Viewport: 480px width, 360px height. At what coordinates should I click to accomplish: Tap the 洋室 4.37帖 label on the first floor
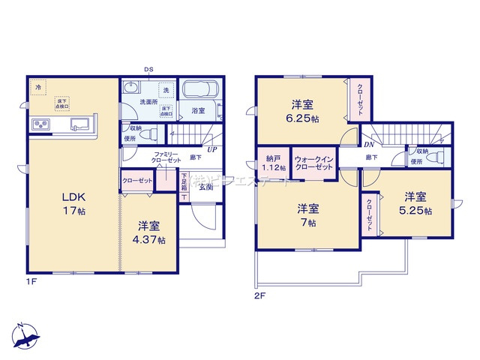tap(151, 232)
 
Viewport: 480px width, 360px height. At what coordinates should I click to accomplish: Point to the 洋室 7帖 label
tap(305, 214)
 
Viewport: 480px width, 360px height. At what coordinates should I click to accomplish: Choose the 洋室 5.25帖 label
tap(416, 204)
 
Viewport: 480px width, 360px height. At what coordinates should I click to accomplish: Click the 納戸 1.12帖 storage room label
tap(272, 163)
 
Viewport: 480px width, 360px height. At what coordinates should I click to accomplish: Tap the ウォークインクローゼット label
tap(313, 163)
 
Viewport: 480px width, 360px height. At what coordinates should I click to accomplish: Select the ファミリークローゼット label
tap(157, 157)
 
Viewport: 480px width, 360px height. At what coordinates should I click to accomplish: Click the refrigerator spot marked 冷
tap(39, 88)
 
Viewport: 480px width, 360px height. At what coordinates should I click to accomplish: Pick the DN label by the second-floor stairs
tap(368, 144)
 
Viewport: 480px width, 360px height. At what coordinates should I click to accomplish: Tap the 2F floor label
tap(260, 295)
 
